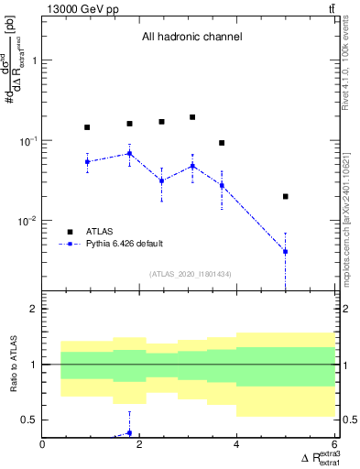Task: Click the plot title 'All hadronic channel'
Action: pos(191,38)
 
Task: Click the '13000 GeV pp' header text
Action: pos(77,8)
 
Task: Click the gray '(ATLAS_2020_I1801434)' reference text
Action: pos(190,273)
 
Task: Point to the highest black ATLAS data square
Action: pos(192,117)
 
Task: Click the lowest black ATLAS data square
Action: pos(286,196)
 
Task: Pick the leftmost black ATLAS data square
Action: pos(87,127)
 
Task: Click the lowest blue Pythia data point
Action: pos(286,251)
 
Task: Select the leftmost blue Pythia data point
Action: pos(87,162)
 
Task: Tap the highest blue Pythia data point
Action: pos(129,154)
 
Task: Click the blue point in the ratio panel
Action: pos(129,432)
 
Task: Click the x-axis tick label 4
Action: pos(236,445)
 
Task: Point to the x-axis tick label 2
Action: pos(139,445)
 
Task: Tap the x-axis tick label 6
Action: pos(333,445)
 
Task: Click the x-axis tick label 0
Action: pos(42,445)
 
